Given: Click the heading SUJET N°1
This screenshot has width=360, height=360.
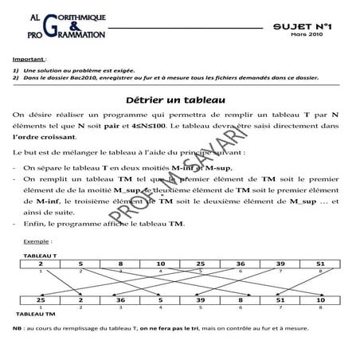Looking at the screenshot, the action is click(x=307, y=26).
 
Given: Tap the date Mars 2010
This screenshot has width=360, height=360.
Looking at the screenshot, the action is click(x=306, y=35).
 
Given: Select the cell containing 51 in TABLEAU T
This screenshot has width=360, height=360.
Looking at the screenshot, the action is click(x=319, y=263).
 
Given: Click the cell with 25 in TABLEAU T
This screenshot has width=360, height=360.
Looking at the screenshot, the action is click(x=200, y=263).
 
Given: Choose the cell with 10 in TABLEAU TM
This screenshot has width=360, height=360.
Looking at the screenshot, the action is click(x=319, y=299).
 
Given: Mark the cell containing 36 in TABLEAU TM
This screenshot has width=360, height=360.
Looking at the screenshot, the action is click(x=120, y=299).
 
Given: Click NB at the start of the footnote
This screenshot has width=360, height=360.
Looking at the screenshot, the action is click(x=18, y=328).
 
